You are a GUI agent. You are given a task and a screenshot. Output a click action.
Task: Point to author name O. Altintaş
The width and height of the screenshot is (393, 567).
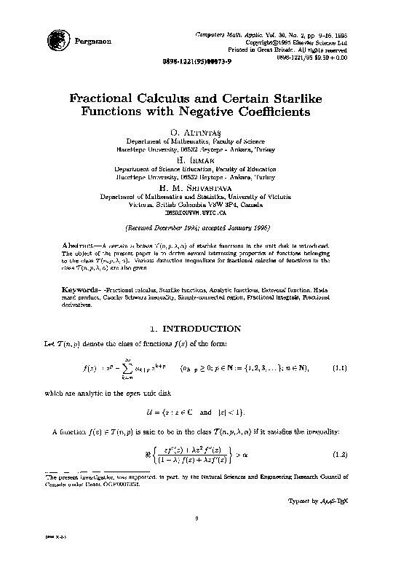196,131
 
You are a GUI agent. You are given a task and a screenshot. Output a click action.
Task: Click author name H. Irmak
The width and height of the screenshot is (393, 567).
196,160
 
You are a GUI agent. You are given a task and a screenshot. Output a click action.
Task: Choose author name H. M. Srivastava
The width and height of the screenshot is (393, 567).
196,188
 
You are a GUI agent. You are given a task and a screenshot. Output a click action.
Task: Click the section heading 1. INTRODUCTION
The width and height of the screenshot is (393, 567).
196,329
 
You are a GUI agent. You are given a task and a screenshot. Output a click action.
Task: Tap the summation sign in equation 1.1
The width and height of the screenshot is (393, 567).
127,367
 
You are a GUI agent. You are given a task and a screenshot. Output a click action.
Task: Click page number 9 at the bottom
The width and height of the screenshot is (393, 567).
196,518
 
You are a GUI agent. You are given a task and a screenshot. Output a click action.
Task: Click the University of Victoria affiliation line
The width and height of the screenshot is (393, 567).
196,197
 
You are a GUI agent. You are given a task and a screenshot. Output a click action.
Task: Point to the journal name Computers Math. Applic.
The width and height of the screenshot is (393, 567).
225,35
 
